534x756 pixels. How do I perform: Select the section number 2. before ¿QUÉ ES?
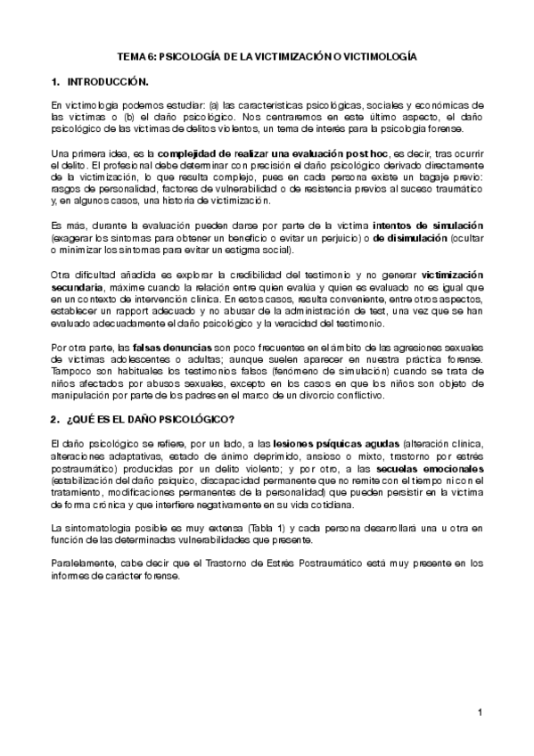pyautogui.click(x=56, y=419)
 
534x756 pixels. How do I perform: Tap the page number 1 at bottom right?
pyautogui.click(x=479, y=711)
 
